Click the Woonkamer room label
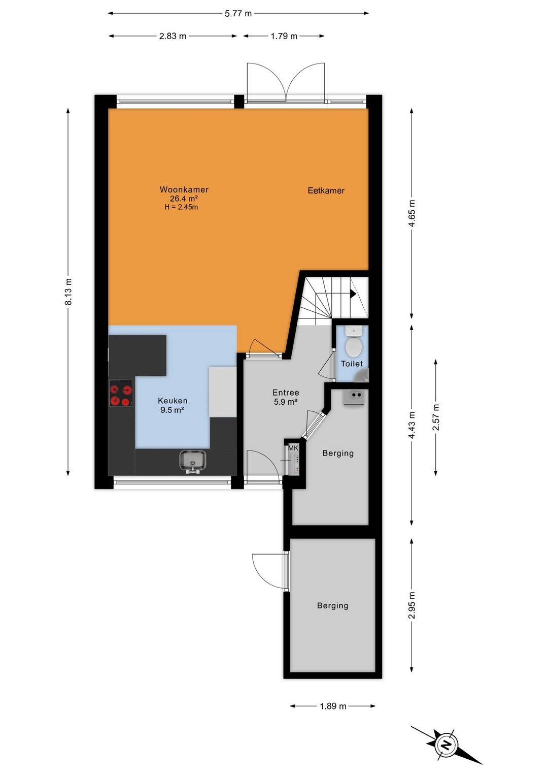[x=184, y=190]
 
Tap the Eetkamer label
[x=326, y=191]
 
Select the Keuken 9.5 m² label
[x=173, y=405]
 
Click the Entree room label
[x=286, y=393]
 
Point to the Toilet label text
[x=352, y=364]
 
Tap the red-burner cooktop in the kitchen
[x=121, y=394]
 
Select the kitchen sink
[x=193, y=461]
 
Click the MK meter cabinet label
[x=293, y=448]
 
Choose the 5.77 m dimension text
[x=238, y=14]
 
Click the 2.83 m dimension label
[x=173, y=36]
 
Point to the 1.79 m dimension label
[x=284, y=36]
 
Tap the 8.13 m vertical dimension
[x=68, y=292]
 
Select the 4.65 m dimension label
[x=412, y=213]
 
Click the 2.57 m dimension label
[x=436, y=417]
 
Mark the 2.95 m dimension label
[x=412, y=605]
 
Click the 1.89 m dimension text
[x=333, y=706]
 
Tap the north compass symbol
[x=446, y=745]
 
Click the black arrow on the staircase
[x=353, y=294]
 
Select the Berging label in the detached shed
[x=332, y=605]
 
